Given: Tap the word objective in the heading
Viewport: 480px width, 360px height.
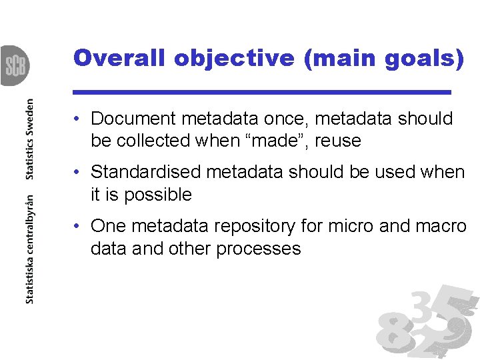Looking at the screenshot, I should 232,58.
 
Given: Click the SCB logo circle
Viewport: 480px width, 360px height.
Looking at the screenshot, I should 13,65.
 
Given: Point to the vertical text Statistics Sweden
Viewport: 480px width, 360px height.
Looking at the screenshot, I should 29,139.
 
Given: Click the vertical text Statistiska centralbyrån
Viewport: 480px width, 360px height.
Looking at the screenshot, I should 29,249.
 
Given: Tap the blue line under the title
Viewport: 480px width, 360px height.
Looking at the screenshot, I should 262,91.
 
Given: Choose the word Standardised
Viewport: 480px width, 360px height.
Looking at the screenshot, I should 145,172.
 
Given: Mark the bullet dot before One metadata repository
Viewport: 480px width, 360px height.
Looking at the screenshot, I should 78,226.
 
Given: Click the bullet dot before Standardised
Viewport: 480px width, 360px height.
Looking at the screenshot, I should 78,172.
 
